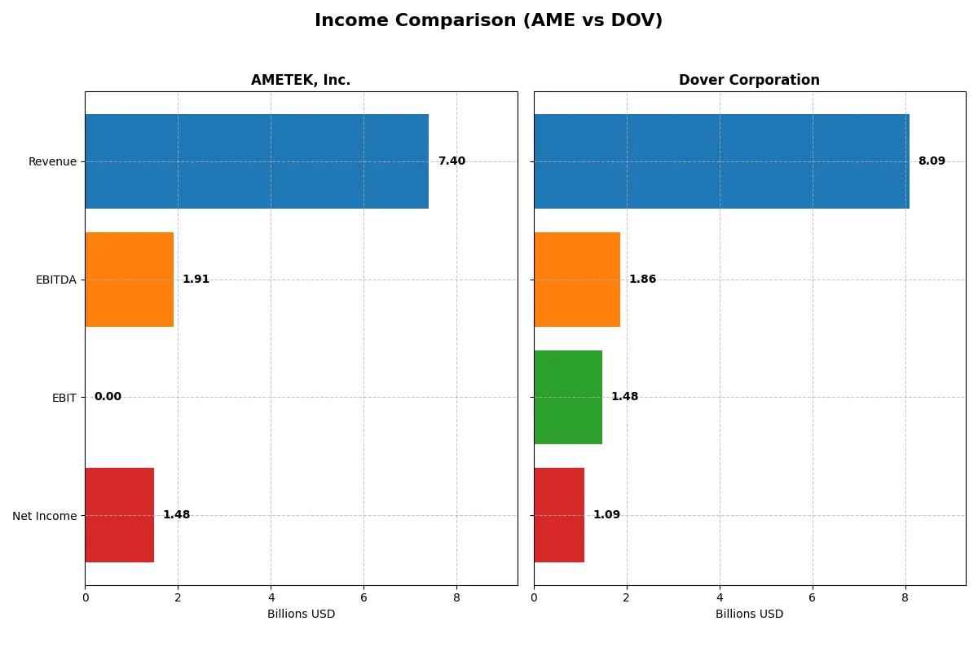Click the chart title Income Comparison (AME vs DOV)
pos(488,21)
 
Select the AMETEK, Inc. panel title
pos(301,80)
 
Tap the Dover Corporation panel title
pos(749,80)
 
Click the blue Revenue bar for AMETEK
pos(257,161)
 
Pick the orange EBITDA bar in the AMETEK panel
pos(129,280)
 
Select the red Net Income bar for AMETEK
pos(119,515)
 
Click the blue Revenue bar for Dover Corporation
pos(721,161)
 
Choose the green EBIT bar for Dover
pos(568,398)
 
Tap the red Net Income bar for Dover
pos(559,515)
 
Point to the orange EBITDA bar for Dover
pos(577,280)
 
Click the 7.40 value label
pos(452,161)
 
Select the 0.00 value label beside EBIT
pos(108,397)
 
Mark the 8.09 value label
pos(932,161)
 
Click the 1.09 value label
pos(606,515)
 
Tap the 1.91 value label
pos(196,280)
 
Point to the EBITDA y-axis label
pos(55,280)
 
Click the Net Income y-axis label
pos(45,515)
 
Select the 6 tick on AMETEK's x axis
pos(363,597)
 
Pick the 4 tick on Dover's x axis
pos(720,597)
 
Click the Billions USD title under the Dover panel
pos(749,614)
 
